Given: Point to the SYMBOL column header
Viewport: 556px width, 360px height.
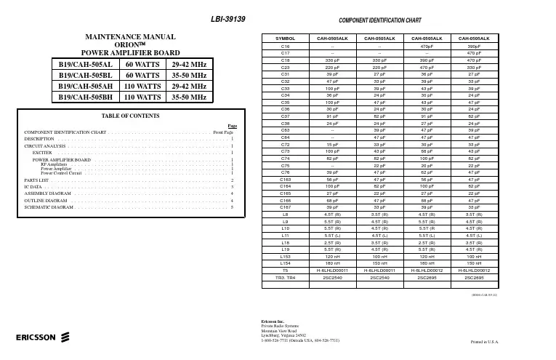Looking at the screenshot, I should click(x=285, y=38).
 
